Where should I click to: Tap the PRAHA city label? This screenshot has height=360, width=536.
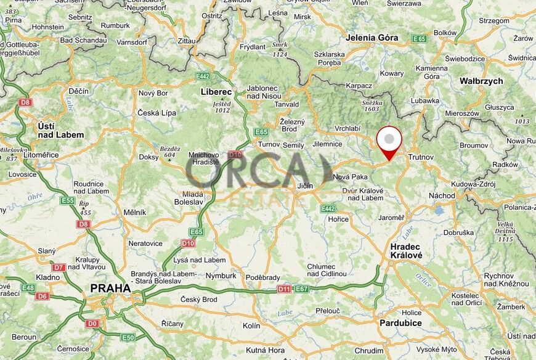110,288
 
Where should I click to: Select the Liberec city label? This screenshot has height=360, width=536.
216,91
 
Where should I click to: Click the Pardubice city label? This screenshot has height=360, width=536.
401,323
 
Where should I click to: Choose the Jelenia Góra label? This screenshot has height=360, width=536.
372,38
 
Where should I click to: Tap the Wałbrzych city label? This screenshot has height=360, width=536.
481,81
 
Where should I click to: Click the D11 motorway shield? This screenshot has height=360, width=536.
284,288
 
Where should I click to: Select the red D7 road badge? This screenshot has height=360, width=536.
59,268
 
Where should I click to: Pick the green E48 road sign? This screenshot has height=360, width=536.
28,288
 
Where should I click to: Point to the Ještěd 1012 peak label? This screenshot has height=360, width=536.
222,107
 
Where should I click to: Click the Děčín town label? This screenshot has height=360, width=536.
78,91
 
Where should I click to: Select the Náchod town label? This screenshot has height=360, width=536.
442,195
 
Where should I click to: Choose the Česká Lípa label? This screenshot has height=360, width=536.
156,113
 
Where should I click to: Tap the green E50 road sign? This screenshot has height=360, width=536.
128,337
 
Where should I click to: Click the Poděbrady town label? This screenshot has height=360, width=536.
262,277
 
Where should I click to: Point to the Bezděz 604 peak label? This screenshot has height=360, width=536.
169,152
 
